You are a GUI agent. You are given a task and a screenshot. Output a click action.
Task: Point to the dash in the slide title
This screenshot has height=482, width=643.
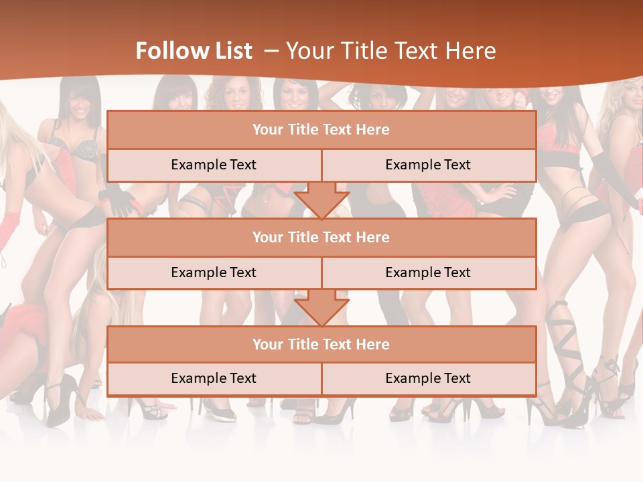271,51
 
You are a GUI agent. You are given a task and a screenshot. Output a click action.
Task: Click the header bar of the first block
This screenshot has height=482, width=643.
321,130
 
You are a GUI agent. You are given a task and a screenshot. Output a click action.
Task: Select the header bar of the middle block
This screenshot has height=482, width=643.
321,237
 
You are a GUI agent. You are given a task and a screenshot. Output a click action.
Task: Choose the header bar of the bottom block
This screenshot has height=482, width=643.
321,344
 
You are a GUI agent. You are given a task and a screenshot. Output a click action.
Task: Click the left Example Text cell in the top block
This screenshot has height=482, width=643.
214,165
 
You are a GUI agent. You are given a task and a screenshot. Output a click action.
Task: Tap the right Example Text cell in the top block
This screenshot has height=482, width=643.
428,165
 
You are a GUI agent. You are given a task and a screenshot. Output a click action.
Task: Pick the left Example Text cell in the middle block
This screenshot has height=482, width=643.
214,272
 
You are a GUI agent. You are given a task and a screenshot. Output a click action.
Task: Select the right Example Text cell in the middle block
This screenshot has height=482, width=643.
428,272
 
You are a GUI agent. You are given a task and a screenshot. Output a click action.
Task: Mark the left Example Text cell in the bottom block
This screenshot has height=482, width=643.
214,378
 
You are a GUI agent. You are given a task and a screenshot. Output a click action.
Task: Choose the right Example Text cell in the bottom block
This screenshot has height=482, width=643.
428,378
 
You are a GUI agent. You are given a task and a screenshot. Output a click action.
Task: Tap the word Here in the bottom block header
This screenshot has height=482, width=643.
373,344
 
